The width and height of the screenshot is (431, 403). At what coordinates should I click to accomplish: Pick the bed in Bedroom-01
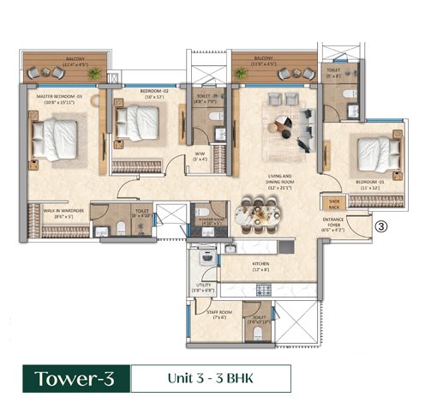pos(377,154)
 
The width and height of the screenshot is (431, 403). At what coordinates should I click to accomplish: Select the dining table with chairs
pos(257,216)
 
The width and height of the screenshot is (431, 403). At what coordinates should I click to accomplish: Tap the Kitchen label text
pos(260,267)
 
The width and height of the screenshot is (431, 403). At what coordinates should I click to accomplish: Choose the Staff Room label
pos(218,314)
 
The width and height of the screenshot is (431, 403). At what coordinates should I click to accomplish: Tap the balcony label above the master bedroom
pos(66,60)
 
